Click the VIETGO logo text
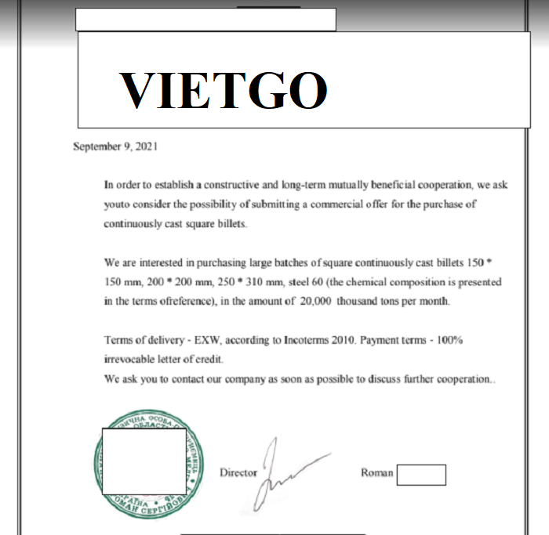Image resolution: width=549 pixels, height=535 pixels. tap(223, 90)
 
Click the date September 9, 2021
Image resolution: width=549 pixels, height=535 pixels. tap(115, 146)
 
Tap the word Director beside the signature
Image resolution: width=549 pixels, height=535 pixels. tap(238, 473)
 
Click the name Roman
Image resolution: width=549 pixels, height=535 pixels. tap(376, 473)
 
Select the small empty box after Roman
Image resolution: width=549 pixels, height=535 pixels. tap(421, 475)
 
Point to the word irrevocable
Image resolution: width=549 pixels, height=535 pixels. tap(131, 360)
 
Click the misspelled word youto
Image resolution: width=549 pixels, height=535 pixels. tap(118, 204)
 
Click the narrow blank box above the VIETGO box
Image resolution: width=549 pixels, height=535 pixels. tap(205, 20)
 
